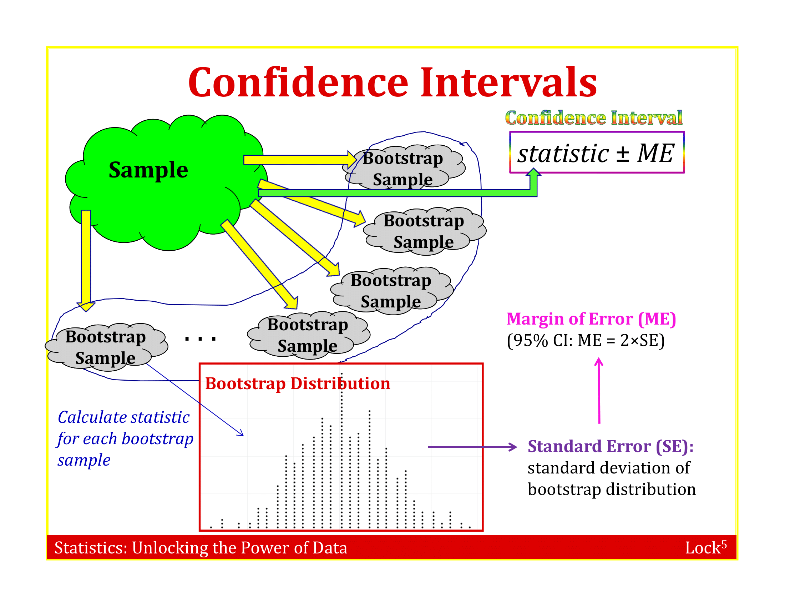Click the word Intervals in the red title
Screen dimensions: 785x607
[x=508, y=82]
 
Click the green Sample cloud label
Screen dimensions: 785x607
[x=148, y=170]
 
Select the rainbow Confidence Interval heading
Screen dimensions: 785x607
[x=593, y=118]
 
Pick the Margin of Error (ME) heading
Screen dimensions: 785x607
[x=591, y=319]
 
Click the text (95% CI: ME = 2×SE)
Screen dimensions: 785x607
[x=586, y=340]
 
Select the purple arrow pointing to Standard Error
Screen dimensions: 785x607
[x=472, y=447]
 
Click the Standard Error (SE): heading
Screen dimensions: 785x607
[x=610, y=446]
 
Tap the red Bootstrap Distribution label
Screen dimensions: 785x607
[x=298, y=383]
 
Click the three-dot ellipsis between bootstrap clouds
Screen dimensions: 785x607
[x=200, y=339]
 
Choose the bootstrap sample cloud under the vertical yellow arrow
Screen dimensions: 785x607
[x=106, y=347]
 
